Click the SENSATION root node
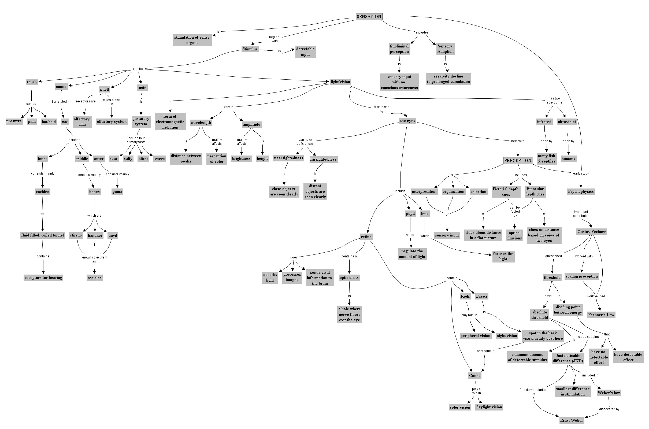pyautogui.click(x=369, y=16)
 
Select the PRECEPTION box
pyautogui.click(x=517, y=161)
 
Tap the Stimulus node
pyautogui.click(x=250, y=49)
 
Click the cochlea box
pyautogui.click(x=43, y=192)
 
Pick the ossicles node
pyautogui.click(x=94, y=278)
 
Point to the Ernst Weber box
pyautogui.click(x=571, y=420)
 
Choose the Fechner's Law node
pyautogui.click(x=601, y=315)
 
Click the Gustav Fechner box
pyautogui.click(x=591, y=232)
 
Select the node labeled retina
pyautogui.click(x=366, y=237)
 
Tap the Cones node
pyautogui.click(x=474, y=376)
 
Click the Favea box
pyautogui.click(x=481, y=296)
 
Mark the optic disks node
pyautogui.click(x=349, y=278)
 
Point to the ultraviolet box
pyautogui.click(x=567, y=122)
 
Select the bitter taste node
pyautogui.click(x=143, y=159)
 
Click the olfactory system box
pyautogui.click(x=112, y=121)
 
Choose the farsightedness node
pyautogui.click(x=323, y=160)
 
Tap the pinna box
pyautogui.click(x=117, y=191)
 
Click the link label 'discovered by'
pyautogui.click(x=609, y=409)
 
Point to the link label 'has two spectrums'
pyautogui.click(x=554, y=100)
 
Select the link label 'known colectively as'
pyautogui.click(x=94, y=259)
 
